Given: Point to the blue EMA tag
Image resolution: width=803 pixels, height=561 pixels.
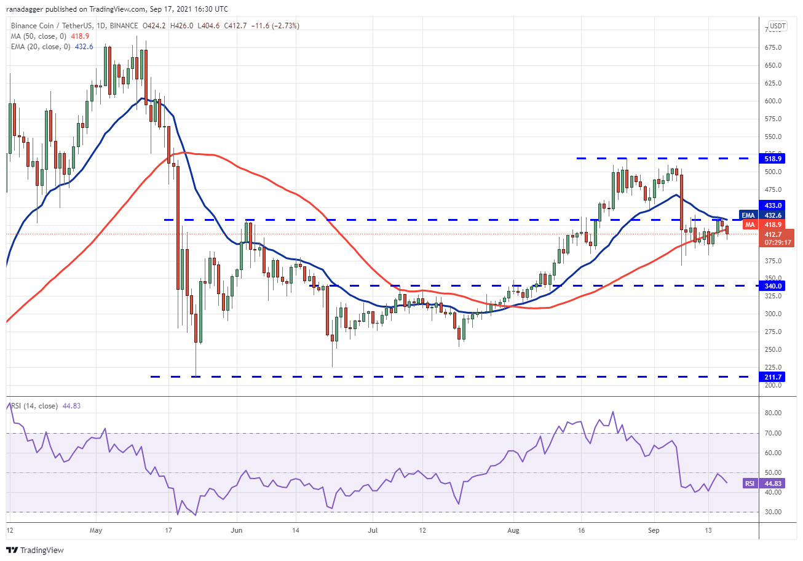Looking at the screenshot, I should tap(748, 215).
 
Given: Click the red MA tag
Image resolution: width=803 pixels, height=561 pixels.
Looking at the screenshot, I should tap(750, 225).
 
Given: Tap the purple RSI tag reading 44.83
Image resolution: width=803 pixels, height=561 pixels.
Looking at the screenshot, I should tap(750, 483).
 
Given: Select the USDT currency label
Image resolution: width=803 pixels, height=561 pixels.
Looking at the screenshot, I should tap(778, 26).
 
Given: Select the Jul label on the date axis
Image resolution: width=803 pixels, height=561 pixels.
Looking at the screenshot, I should tap(372, 530).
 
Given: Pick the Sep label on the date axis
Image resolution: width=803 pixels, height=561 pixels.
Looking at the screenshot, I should tap(654, 530).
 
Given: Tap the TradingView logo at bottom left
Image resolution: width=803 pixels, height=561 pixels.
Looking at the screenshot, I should tap(35, 550).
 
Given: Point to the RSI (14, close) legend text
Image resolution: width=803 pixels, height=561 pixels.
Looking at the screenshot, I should tap(33, 405).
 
